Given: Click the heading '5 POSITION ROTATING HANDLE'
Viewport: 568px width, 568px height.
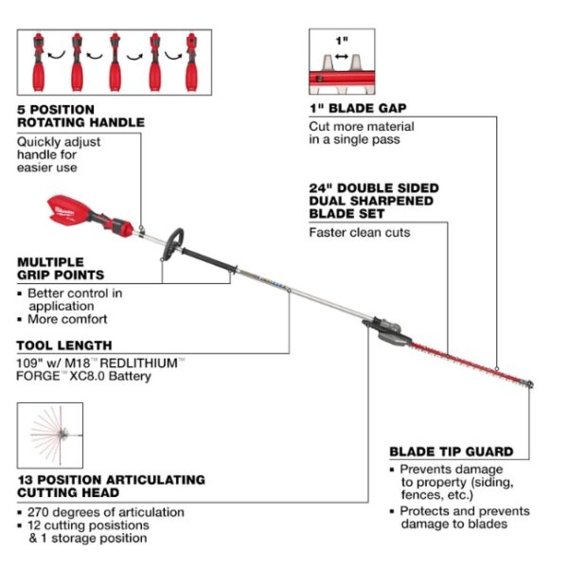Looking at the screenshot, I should (80, 115).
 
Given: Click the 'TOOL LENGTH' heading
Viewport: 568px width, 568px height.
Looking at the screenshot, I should (64, 346).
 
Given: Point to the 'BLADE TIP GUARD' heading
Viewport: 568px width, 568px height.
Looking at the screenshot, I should (451, 452).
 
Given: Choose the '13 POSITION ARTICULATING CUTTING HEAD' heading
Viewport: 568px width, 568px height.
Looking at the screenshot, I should (111, 486).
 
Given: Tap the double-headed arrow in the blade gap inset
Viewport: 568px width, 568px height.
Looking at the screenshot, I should (342, 56).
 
